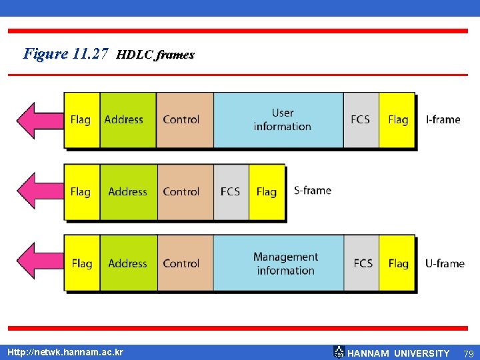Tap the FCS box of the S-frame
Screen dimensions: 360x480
coord(231,192)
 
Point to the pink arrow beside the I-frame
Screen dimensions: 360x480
coord(37,120)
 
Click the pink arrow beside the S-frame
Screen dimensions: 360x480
coord(37,191)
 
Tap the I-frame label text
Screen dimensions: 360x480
coord(443,120)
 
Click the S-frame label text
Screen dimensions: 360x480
coord(312,191)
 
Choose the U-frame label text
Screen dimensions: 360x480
coord(444,263)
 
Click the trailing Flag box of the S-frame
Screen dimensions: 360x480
coord(267,192)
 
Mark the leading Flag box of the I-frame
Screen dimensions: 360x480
coord(81,120)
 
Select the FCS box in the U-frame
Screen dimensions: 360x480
coord(363,263)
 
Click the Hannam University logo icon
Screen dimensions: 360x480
coord(339,352)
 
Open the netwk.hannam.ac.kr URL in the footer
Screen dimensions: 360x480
coord(65,351)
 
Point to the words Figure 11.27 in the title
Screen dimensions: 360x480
coord(65,54)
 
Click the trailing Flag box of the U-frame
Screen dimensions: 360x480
coord(399,263)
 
